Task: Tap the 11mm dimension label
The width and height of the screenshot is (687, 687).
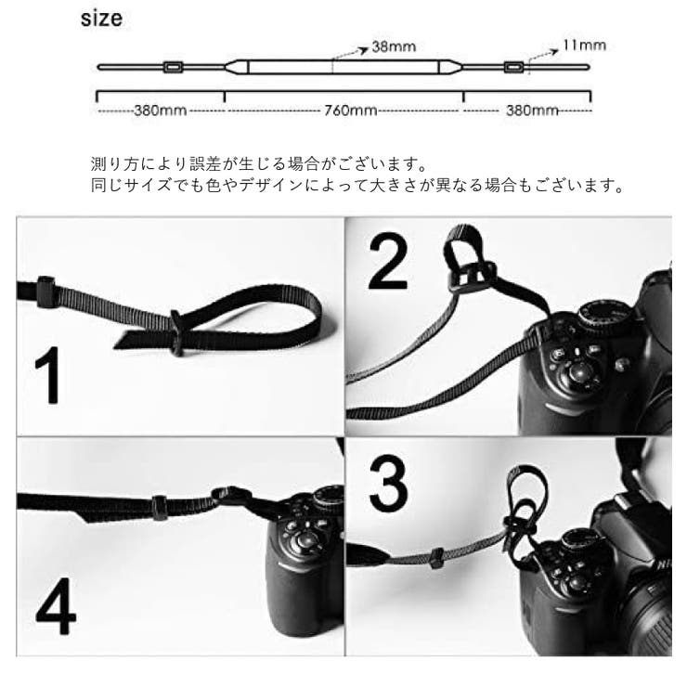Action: pyautogui.click(x=586, y=44)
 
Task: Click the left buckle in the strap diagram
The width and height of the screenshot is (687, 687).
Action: pyautogui.click(x=172, y=67)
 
